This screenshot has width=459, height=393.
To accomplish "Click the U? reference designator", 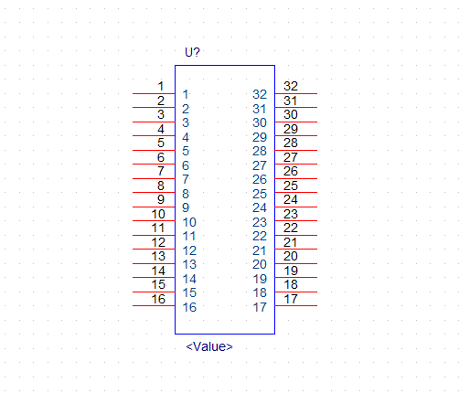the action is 192,52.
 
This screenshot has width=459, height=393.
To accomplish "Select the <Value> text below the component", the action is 209,346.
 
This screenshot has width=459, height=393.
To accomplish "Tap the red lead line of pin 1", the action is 154,93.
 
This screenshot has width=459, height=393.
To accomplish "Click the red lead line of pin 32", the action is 296,93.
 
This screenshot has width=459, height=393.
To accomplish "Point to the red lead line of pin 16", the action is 154,305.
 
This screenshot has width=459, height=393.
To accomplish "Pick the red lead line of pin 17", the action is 296,305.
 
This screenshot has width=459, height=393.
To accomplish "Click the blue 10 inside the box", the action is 189,222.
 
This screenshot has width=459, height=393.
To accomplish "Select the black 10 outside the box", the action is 158,214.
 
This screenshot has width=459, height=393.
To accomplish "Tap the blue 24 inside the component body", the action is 260,207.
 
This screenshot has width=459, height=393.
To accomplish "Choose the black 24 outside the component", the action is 291,199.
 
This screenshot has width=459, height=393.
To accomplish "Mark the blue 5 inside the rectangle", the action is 186,151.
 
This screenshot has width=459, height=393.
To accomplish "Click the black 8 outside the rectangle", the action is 161,186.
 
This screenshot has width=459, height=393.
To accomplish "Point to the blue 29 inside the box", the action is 260,137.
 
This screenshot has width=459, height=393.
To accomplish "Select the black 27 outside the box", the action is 291,157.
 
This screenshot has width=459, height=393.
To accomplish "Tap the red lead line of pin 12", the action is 154,249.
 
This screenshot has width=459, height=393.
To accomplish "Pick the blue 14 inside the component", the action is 189,279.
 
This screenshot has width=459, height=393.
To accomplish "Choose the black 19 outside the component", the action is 291,271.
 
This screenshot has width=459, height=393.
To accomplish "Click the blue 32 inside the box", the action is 260,94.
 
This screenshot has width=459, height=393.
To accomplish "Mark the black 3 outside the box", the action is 161,114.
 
